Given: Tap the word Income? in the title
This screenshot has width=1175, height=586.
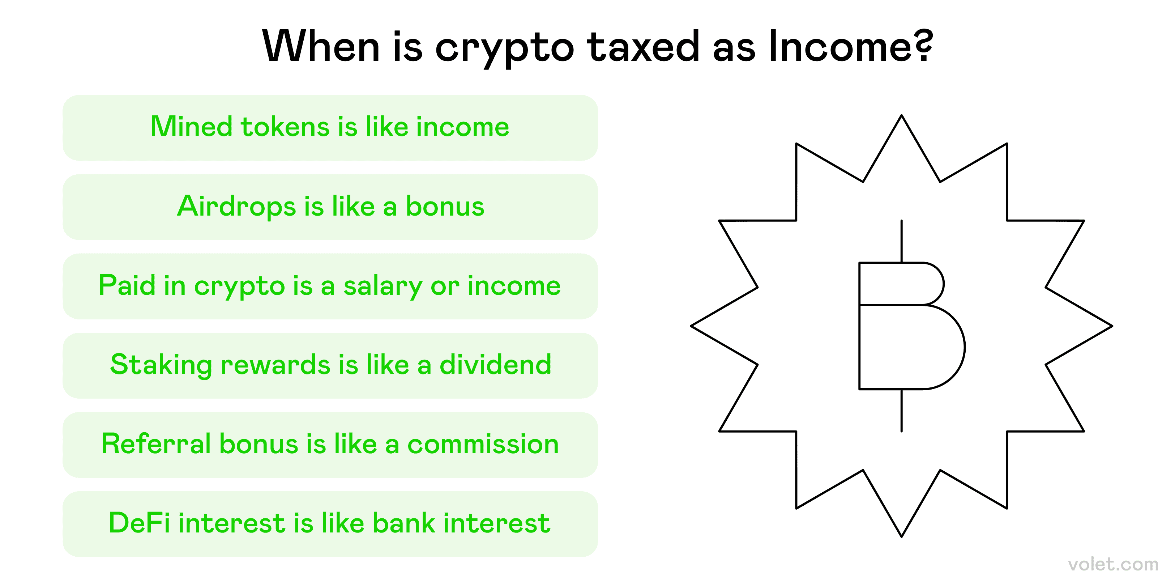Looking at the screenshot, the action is point(851,46).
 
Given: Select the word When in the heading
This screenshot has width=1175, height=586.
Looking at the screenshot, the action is point(321,46).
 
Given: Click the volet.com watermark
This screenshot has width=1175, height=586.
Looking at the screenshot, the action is point(1113,565).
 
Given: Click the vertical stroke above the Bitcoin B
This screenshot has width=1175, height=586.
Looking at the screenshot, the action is point(901,241).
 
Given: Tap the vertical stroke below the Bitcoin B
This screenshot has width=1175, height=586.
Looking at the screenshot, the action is point(901,410).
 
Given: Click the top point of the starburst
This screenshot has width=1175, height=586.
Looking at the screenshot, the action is point(901,115).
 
